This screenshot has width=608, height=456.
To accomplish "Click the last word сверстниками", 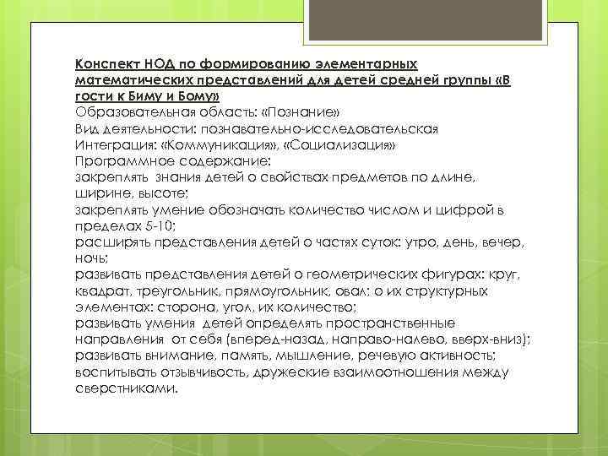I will [x=127, y=388].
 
